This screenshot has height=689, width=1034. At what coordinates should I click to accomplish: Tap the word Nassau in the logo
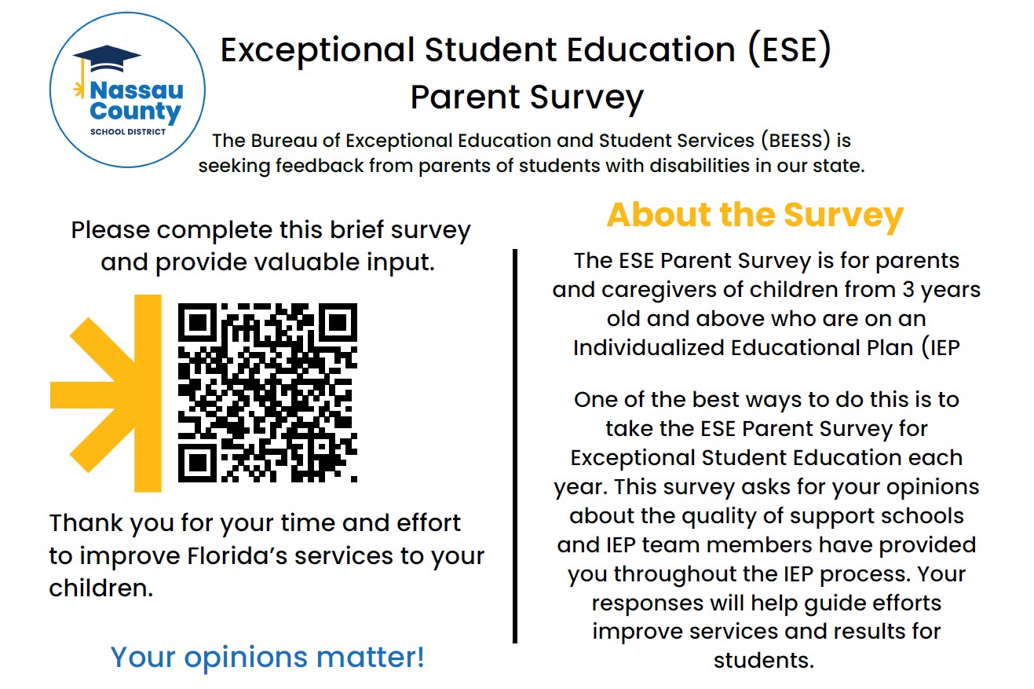pyautogui.click(x=137, y=90)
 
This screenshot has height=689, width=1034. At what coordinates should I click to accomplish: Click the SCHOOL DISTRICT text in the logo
pyautogui.click(x=128, y=132)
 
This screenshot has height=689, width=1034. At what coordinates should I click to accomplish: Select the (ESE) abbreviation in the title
pyautogui.click(x=789, y=49)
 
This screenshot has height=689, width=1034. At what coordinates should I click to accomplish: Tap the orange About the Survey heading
pyautogui.click(x=755, y=215)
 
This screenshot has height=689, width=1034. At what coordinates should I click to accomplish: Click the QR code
pyautogui.click(x=268, y=393)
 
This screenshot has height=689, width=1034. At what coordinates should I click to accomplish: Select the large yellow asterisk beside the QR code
pyautogui.click(x=106, y=394)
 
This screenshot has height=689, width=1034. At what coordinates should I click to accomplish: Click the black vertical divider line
pyautogui.click(x=515, y=446)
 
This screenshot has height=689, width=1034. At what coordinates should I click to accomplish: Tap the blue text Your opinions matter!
pyautogui.click(x=267, y=657)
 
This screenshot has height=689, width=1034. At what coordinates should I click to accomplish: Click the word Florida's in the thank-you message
pyautogui.click(x=237, y=556)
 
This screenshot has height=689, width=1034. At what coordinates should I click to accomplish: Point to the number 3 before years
pyautogui.click(x=908, y=290)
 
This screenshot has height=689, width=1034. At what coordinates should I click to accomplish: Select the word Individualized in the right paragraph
pyautogui.click(x=649, y=348)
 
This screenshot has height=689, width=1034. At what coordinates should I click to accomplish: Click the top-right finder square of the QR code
pyautogui.click(x=338, y=322)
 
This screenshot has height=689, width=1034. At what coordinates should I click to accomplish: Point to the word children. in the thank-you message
pyautogui.click(x=101, y=588)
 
